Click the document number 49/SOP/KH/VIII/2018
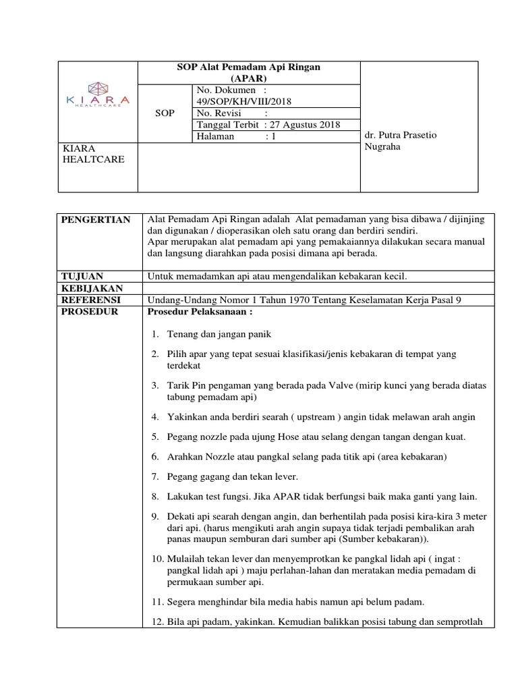pyautogui.click(x=243, y=101)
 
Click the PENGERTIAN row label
pyautogui.click(x=95, y=221)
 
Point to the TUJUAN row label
pyautogui.click(x=82, y=276)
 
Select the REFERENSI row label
pyautogui.click(x=90, y=300)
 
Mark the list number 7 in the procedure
pyautogui.click(x=155, y=476)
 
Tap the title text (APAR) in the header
pyautogui.click(x=249, y=78)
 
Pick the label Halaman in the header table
pyautogui.click(x=215, y=136)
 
